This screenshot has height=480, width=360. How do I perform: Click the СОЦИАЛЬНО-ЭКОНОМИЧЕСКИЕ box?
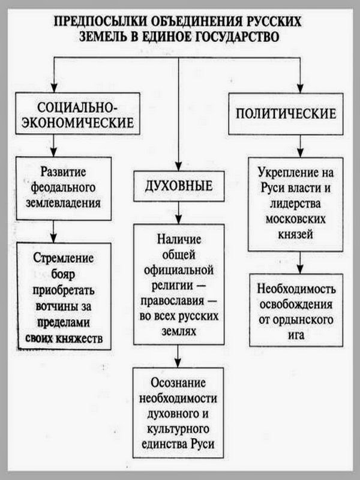point(77,114)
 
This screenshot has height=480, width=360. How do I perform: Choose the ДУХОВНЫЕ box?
point(179,186)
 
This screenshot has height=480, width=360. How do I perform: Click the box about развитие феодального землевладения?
point(64,187)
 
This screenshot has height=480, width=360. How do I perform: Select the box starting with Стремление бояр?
point(64,295)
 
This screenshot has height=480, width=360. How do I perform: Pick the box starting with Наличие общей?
point(179,283)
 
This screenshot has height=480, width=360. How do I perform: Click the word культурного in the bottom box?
point(179,430)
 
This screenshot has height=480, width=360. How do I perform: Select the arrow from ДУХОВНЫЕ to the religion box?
point(179,214)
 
